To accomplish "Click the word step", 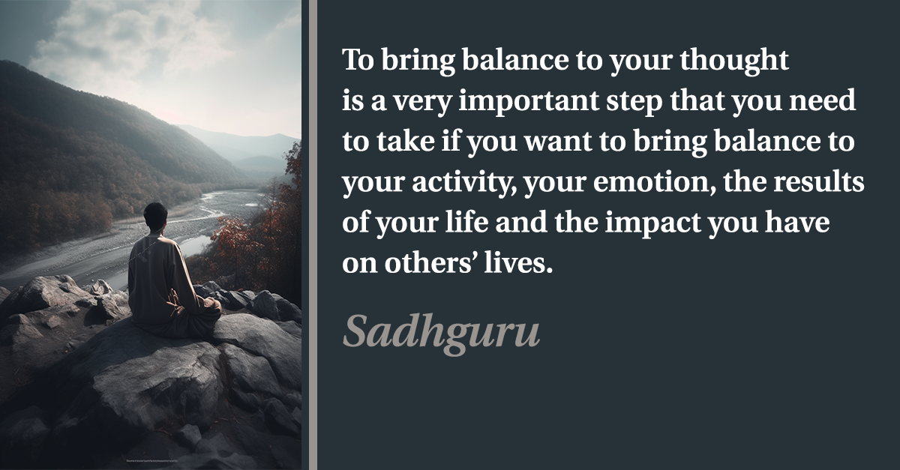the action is [634, 102].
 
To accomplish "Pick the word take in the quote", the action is [406, 141].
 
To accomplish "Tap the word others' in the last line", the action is [430, 262].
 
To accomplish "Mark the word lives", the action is [518, 262].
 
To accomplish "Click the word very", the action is [421, 103].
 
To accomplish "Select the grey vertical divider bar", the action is [313, 235].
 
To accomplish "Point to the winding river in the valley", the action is [169, 233].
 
